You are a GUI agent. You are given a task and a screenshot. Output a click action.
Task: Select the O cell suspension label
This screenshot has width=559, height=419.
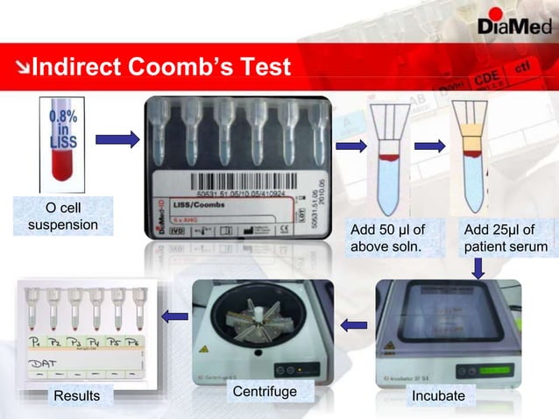coord(63,217)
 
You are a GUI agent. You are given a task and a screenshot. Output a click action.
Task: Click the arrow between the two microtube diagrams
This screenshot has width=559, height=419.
coord(429,146)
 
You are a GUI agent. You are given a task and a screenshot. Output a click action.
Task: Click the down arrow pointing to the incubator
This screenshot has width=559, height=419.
coord(478,268)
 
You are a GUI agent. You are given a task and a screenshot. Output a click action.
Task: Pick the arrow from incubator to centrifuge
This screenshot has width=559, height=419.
coord(354,325)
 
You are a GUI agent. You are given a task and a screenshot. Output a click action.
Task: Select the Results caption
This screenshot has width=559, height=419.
coord(77,396)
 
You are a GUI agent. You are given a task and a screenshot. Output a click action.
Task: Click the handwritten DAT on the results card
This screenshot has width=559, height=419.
coord(41,360)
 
